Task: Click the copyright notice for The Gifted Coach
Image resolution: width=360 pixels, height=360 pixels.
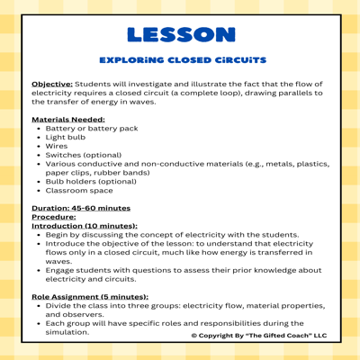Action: pos(258,335)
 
